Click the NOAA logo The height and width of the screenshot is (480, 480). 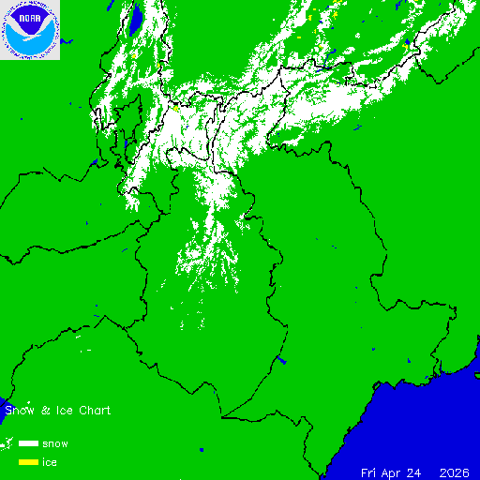coord(30,30)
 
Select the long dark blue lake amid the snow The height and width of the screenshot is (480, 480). coord(136,19)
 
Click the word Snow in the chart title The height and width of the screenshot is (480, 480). coord(20,411)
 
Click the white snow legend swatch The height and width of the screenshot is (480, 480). coord(28,442)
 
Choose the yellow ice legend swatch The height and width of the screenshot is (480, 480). coord(28,461)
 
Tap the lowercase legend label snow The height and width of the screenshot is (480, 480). coord(54,443)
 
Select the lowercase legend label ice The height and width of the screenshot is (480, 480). coord(50,462)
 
